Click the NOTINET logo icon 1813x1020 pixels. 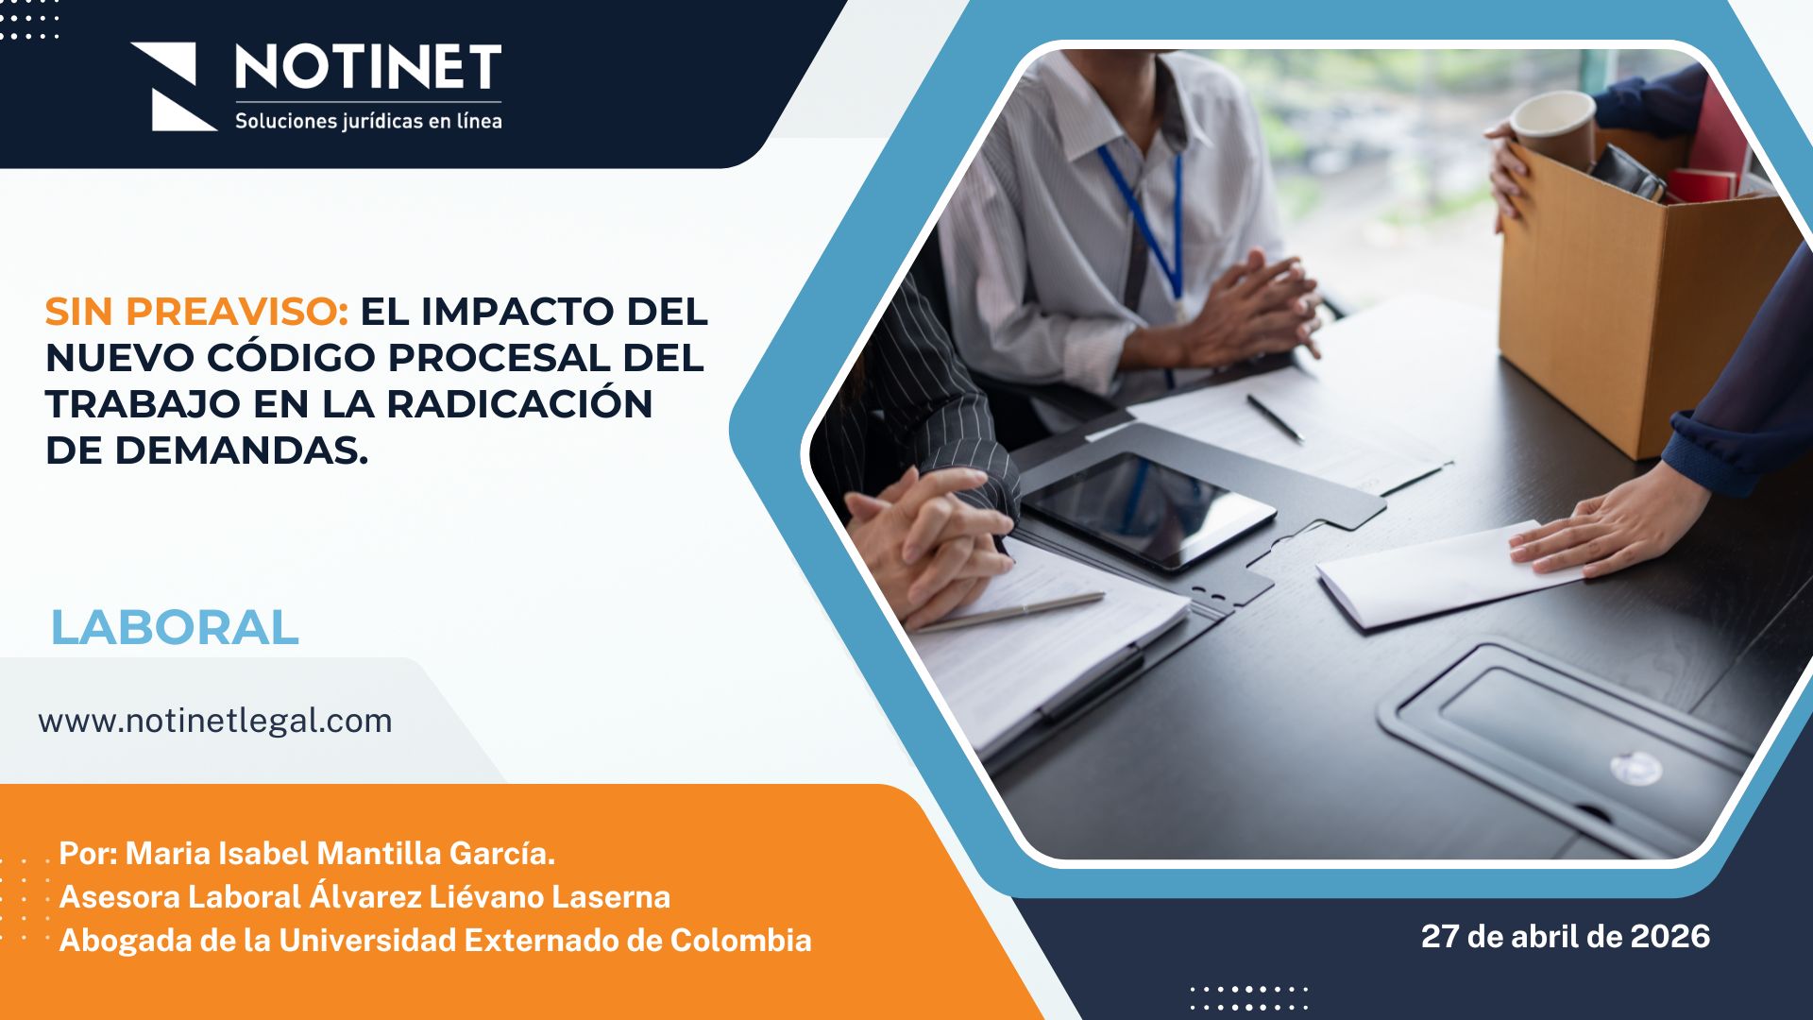[x=173, y=86]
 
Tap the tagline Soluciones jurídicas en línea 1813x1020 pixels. [x=368, y=121]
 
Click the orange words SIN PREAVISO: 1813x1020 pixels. [x=196, y=311]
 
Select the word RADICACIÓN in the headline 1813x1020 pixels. [x=519, y=403]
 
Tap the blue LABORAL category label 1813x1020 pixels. [x=175, y=627]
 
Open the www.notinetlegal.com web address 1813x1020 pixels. [x=215, y=721]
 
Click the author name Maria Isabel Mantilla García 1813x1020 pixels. [x=339, y=853]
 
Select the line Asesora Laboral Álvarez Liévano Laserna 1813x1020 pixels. [x=364, y=896]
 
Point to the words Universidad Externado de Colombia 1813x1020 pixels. [x=545, y=940]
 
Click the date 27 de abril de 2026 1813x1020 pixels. [x=1565, y=936]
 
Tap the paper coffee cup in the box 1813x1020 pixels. [x=1552, y=128]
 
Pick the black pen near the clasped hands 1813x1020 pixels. [x=1276, y=418]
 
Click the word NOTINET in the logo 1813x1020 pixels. [x=368, y=68]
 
